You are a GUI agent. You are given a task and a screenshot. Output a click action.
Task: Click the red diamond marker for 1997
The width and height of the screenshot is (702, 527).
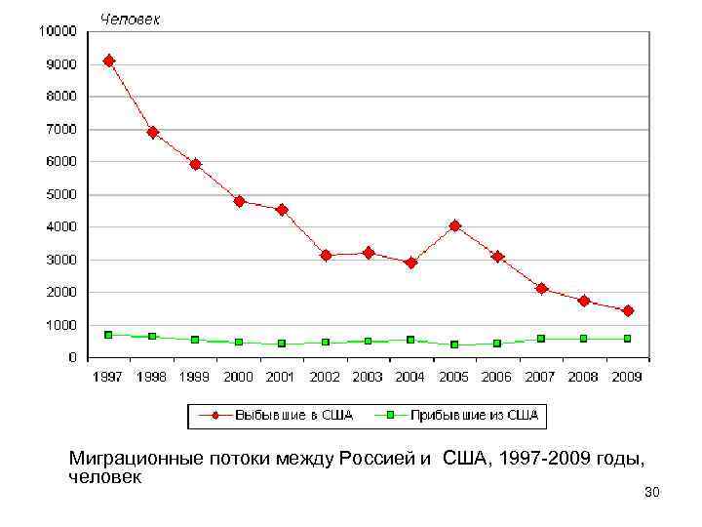point(109,61)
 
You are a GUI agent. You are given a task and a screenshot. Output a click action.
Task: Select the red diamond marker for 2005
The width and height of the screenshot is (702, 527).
point(454,225)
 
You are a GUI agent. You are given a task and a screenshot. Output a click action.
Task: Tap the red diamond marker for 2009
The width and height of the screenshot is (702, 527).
point(627,310)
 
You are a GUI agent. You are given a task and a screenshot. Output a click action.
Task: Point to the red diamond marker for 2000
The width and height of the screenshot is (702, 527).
point(239,201)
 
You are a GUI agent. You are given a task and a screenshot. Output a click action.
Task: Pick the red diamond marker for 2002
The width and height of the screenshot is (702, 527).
point(326,255)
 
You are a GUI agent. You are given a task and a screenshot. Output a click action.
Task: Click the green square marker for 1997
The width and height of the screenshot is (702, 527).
point(109,335)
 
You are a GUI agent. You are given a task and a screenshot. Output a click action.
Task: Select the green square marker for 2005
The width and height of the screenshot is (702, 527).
point(454,345)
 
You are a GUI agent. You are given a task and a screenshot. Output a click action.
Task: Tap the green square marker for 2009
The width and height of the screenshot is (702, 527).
point(627,339)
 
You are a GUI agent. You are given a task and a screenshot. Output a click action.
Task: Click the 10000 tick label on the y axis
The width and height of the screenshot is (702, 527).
point(57,31)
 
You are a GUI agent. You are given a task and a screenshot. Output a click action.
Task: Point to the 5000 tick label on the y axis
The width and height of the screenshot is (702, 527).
point(60,194)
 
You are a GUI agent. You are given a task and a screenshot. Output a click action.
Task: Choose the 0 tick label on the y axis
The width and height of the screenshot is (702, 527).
point(74,357)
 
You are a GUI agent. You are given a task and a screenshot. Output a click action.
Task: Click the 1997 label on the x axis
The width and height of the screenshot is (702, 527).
point(109,377)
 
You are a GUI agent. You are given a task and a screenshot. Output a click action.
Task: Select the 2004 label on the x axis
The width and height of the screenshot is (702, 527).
point(410,377)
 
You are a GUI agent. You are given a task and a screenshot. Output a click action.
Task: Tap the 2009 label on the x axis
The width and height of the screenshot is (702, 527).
point(627,377)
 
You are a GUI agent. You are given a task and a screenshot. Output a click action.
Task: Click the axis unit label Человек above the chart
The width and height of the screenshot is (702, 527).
point(132,19)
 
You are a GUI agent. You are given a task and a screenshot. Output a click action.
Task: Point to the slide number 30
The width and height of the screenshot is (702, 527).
point(652,494)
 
